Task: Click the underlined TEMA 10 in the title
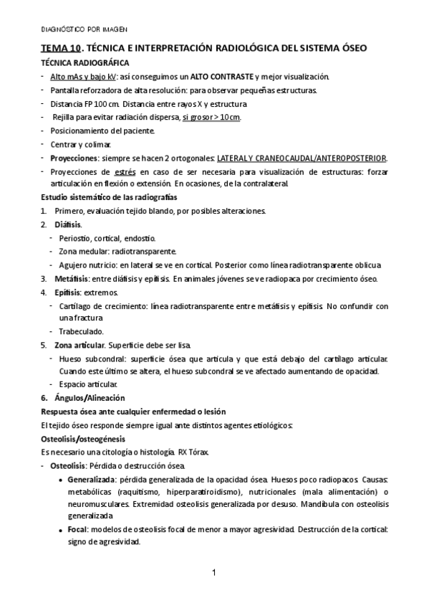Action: coord(59,49)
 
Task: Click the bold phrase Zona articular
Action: coord(82,345)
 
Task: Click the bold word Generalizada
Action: coord(92,478)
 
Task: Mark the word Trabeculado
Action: coord(81,332)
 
